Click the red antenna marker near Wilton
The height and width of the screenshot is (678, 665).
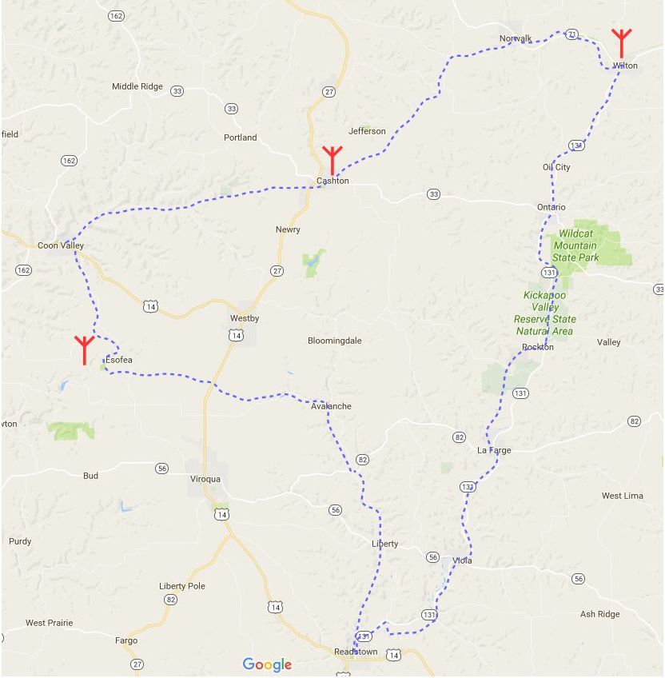[621, 42]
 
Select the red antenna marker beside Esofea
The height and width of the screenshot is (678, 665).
[84, 349]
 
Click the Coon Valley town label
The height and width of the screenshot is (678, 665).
[61, 245]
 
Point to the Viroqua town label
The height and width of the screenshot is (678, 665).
[205, 479]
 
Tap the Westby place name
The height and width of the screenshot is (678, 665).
[245, 318]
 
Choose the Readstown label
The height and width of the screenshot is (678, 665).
[356, 652]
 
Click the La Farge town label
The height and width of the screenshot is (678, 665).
[494, 450]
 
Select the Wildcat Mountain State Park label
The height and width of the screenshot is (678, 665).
[576, 245]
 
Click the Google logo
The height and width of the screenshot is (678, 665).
[267, 664]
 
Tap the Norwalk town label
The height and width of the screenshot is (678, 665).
[516, 38]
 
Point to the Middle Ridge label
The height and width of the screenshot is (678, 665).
[137, 86]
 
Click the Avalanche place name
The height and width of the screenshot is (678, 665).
[331, 406]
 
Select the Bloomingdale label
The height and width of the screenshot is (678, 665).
[335, 341]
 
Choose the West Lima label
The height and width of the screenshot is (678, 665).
[623, 496]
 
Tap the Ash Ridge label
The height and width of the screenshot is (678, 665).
[600, 614]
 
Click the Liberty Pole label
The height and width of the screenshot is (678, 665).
[182, 586]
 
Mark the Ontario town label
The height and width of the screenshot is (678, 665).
[552, 207]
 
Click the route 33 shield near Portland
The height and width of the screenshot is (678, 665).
[232, 109]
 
